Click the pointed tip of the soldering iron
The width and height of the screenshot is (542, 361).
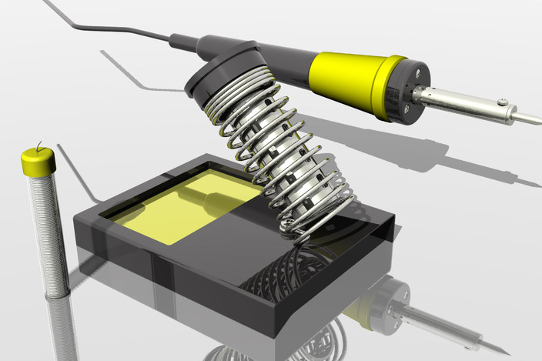537,120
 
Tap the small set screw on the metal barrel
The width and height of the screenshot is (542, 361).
502,102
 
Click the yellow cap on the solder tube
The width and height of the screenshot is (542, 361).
37,162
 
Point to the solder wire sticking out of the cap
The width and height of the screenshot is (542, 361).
38,145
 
